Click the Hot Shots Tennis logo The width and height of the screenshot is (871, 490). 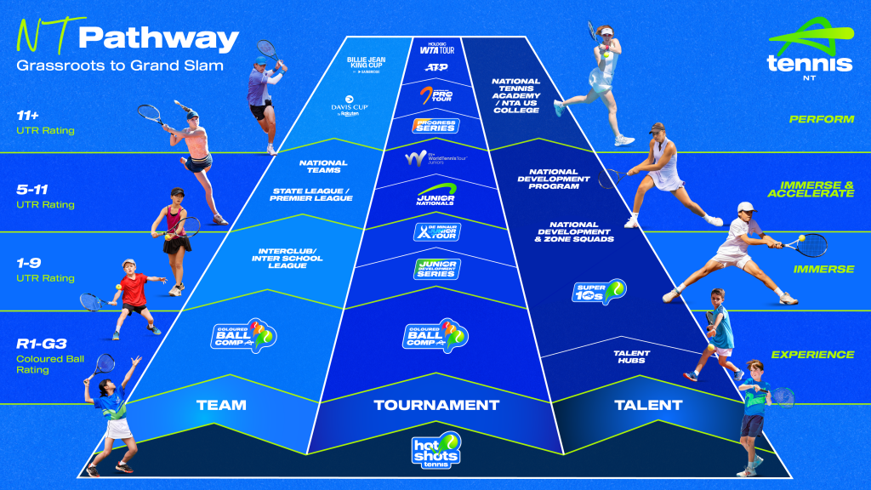[x=436, y=450]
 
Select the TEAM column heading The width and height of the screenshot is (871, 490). [x=221, y=406]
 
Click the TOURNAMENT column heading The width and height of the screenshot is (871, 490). [x=436, y=406]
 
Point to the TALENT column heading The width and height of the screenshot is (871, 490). [x=648, y=406]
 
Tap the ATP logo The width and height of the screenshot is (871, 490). [x=436, y=66]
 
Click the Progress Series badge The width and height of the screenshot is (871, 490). [x=435, y=126]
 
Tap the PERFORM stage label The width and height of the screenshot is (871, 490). [x=821, y=119]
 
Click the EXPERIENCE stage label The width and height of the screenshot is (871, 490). [x=812, y=355]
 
